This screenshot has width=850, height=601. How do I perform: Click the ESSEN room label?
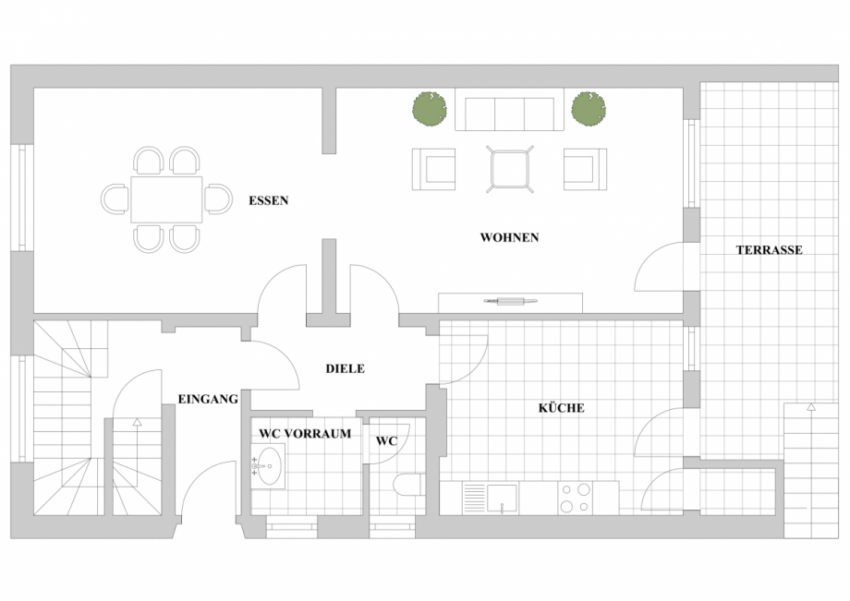point(268,201)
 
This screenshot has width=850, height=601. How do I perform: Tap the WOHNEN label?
point(509,237)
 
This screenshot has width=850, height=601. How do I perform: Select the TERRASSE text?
point(769,250)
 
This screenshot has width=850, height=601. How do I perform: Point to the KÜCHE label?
point(561,408)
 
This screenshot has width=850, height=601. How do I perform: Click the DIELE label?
point(345,368)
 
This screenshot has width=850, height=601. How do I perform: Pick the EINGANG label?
point(208,399)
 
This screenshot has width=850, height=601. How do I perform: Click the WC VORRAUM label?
point(305,434)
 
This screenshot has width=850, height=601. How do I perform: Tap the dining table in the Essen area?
point(166,199)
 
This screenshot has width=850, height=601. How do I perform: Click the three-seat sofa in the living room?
point(510,109)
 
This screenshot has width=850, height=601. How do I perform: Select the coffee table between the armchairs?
point(510,170)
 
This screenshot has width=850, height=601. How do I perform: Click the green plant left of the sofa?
point(430,108)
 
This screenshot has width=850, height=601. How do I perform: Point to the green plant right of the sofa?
point(589,108)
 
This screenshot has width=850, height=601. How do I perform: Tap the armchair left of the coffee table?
point(433,170)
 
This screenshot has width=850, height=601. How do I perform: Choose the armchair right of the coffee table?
point(585,170)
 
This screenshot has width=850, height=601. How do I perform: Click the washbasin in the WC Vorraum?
point(268,465)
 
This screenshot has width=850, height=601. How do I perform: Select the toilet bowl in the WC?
point(409,485)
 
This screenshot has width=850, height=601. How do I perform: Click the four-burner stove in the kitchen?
point(576,498)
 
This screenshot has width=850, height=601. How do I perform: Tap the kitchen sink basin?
point(502,499)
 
